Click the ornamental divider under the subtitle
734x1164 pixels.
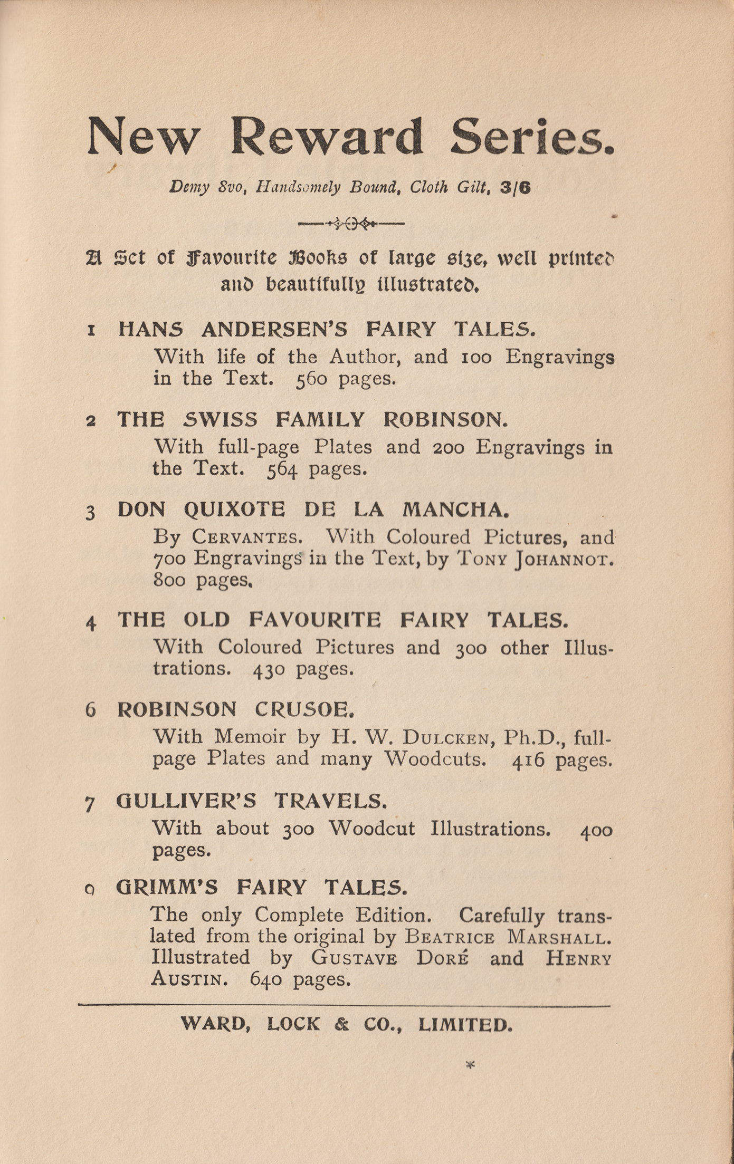tap(351, 224)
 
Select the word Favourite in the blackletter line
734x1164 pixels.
tap(232, 258)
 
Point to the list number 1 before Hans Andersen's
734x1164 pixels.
tap(91, 331)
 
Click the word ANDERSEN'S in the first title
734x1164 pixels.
tap(274, 330)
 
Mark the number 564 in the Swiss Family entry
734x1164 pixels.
tap(282, 469)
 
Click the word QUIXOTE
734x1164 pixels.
tap(234, 510)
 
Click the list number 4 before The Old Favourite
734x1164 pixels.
tap(91, 622)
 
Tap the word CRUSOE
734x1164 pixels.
tap(304, 709)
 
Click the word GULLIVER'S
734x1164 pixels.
tap(186, 802)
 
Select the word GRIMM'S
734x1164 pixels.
tap(166, 887)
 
